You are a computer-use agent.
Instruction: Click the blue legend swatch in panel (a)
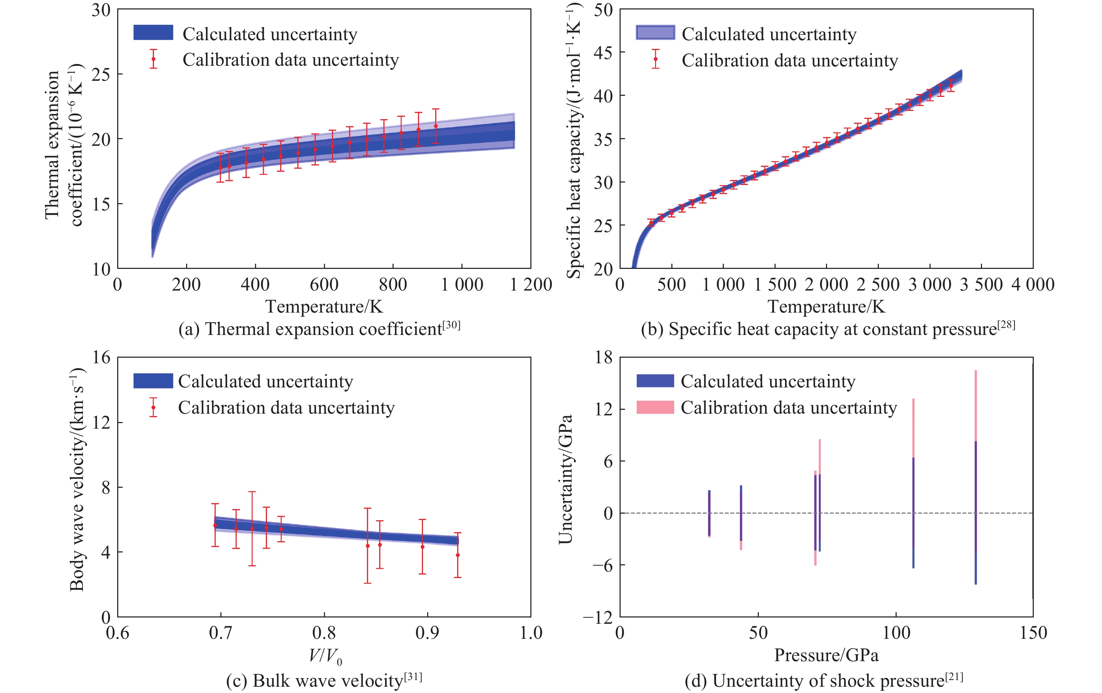(153, 33)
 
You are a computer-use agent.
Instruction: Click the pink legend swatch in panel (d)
(655, 407)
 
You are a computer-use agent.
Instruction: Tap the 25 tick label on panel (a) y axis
(101, 74)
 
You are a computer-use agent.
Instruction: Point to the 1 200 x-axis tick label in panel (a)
(531, 285)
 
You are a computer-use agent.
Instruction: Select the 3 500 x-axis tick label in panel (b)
(981, 285)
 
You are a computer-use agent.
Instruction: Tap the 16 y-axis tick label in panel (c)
(101, 357)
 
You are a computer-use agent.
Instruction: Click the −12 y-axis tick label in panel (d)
(597, 617)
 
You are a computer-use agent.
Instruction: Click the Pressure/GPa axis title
(826, 655)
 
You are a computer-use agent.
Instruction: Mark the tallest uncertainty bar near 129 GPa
(976, 476)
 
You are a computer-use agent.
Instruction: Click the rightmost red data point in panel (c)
(458, 555)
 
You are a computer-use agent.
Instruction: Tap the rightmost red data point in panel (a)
(436, 126)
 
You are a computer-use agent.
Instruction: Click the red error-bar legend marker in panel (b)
(655, 59)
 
